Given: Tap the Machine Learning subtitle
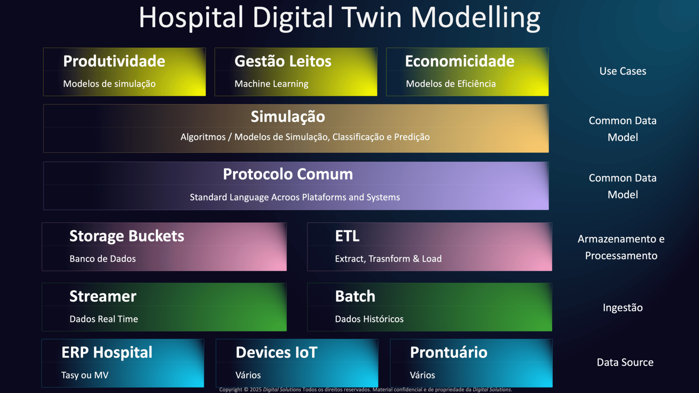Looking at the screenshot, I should pos(271,84).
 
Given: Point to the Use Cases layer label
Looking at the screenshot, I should pos(623,71).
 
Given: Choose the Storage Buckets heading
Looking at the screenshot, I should pos(127,236).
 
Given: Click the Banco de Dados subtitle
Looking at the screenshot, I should pos(103,259).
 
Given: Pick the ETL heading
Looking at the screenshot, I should pos(347,236).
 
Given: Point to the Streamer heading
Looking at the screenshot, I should pos(103,296).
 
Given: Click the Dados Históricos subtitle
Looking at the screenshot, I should pos(369,319).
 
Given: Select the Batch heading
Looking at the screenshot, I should pos(355,296).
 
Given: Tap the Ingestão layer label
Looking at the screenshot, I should pos(623,308).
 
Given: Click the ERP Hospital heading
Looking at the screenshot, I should pos(107,352).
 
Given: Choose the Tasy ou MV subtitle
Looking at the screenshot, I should pos(85,375).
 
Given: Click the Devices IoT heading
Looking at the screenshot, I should pos(276,352).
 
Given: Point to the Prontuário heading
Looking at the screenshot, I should pos(449,352).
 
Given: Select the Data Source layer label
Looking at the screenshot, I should pos(625,362).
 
